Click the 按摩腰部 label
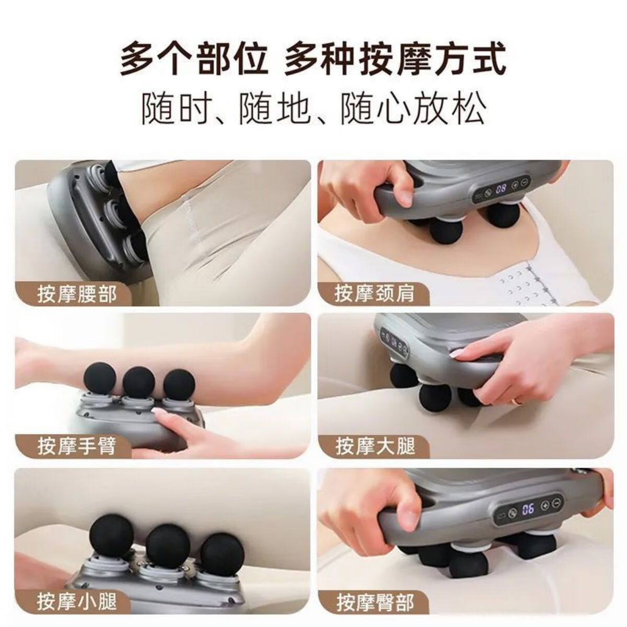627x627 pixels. [77, 294]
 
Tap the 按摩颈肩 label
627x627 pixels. [374, 294]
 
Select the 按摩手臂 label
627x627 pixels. [77, 447]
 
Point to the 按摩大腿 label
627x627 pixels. [375, 447]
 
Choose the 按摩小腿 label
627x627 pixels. [77, 601]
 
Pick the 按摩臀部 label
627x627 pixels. [375, 601]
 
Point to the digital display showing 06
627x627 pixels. [528, 507]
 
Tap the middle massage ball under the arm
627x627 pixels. [138, 381]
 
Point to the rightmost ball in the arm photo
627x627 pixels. [179, 384]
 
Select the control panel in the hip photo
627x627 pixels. [528, 507]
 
